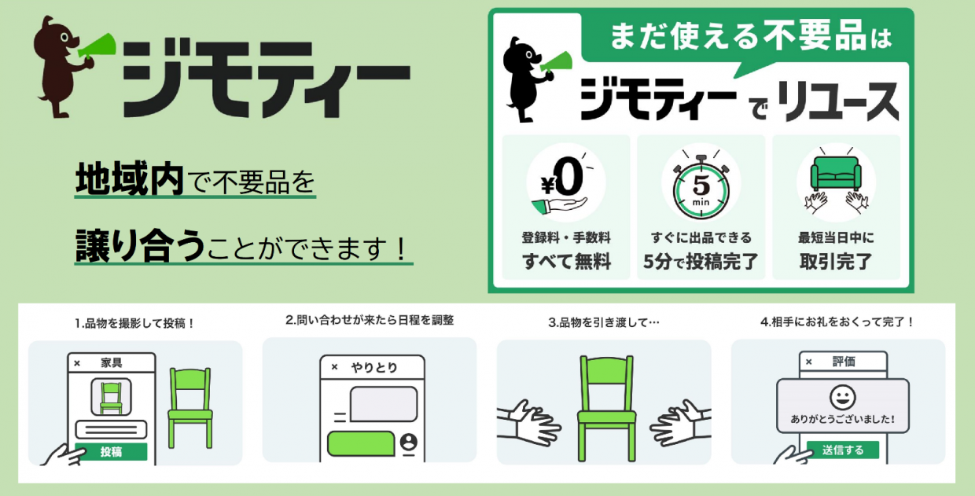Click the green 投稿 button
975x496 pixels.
111,452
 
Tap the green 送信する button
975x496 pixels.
843,450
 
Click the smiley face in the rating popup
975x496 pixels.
843,397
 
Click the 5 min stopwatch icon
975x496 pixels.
701,184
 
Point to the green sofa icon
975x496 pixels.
836,174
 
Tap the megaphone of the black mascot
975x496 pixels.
557,62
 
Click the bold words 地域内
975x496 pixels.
129,178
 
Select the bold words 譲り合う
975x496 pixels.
140,245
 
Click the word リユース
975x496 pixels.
837,102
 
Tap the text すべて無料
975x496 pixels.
566,262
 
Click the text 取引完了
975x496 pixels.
836,262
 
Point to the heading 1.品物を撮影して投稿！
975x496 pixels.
134,323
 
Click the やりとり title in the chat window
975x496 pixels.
374,368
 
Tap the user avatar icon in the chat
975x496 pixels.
408,442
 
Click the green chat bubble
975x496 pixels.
361,444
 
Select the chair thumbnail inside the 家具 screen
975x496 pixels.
111,397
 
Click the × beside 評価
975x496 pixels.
809,362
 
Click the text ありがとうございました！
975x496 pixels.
843,419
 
